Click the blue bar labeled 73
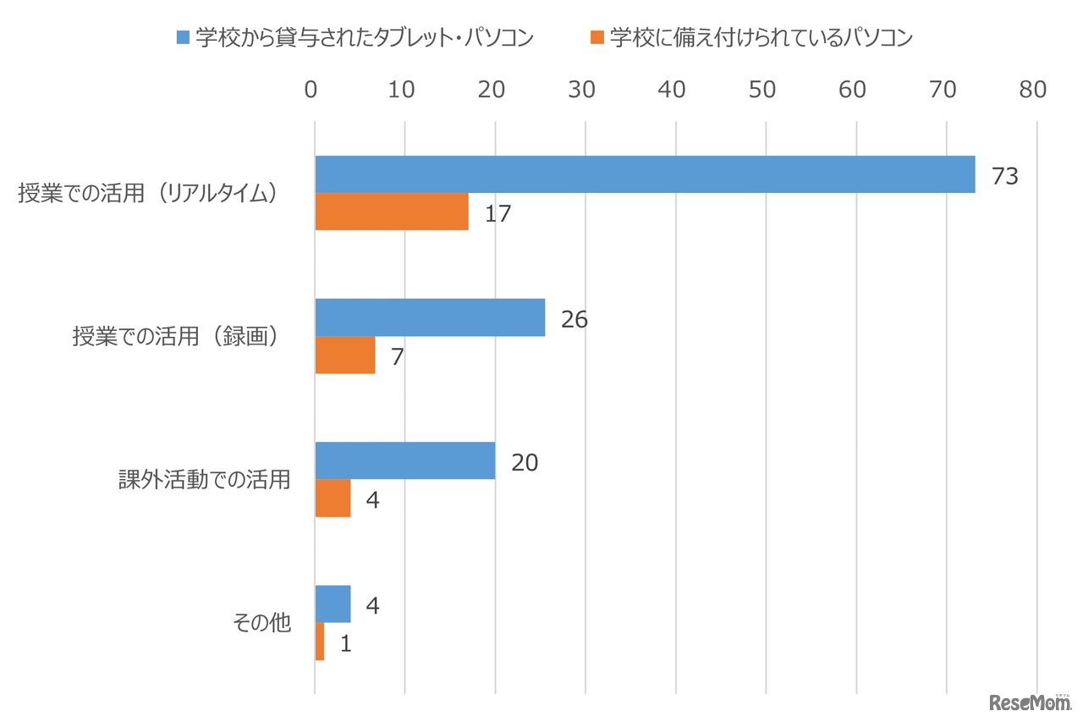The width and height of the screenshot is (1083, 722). [645, 174]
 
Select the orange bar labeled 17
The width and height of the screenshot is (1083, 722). [392, 212]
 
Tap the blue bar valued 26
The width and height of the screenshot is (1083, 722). [430, 317]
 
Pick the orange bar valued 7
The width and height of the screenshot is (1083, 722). [345, 355]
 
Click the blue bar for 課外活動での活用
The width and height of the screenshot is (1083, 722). [405, 460]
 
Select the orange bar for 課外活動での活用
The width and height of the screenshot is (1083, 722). [333, 498]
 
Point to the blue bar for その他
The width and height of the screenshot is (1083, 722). [333, 604]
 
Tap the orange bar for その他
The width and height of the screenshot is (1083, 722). [320, 642]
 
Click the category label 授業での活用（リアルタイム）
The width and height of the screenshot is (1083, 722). [149, 193]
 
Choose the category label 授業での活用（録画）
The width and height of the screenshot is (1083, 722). [177, 336]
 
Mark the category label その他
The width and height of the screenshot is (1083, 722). [261, 623]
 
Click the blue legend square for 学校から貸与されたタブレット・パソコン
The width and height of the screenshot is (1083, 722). [182, 37]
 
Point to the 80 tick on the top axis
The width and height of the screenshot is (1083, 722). [1033, 90]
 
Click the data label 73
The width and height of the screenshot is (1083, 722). [1004, 176]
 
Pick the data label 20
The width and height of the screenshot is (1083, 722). [525, 462]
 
